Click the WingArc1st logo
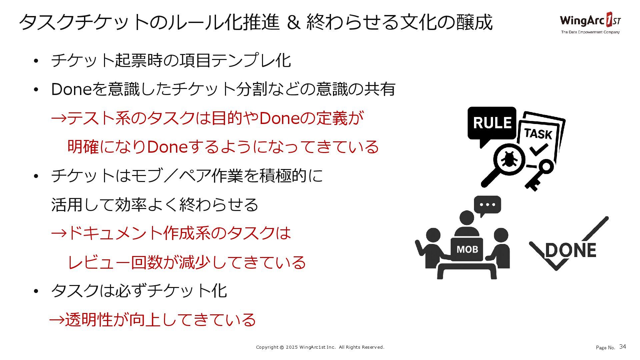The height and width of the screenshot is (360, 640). [590, 21]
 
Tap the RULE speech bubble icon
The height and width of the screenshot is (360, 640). [492, 123]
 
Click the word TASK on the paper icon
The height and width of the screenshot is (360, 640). [538, 134]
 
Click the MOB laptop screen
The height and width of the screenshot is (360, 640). [467, 249]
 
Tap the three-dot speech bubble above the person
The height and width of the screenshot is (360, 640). [487, 205]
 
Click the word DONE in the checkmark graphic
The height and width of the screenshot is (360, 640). [571, 250]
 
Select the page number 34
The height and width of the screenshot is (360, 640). [622, 347]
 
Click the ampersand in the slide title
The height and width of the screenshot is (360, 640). [293, 22]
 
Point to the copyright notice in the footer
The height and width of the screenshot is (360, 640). [320, 347]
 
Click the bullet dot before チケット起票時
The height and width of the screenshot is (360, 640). [36, 61]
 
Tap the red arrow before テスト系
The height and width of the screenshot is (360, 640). [59, 118]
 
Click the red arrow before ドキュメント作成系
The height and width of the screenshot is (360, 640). [59, 233]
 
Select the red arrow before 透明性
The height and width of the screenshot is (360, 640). [57, 320]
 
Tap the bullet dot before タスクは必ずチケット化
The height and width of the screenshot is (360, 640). [36, 291]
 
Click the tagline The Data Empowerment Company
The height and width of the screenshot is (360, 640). [590, 32]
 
